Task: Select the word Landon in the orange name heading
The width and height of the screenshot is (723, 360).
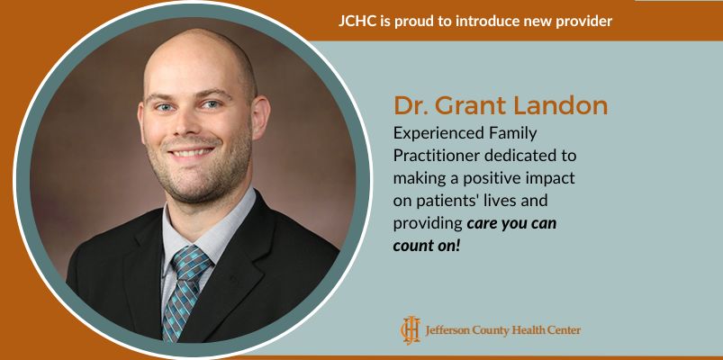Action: tap(564, 105)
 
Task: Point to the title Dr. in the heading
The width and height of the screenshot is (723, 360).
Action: tap(411, 105)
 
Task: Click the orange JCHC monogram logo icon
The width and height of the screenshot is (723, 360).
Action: tap(410, 329)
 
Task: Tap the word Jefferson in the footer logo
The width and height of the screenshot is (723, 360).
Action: tap(448, 330)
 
